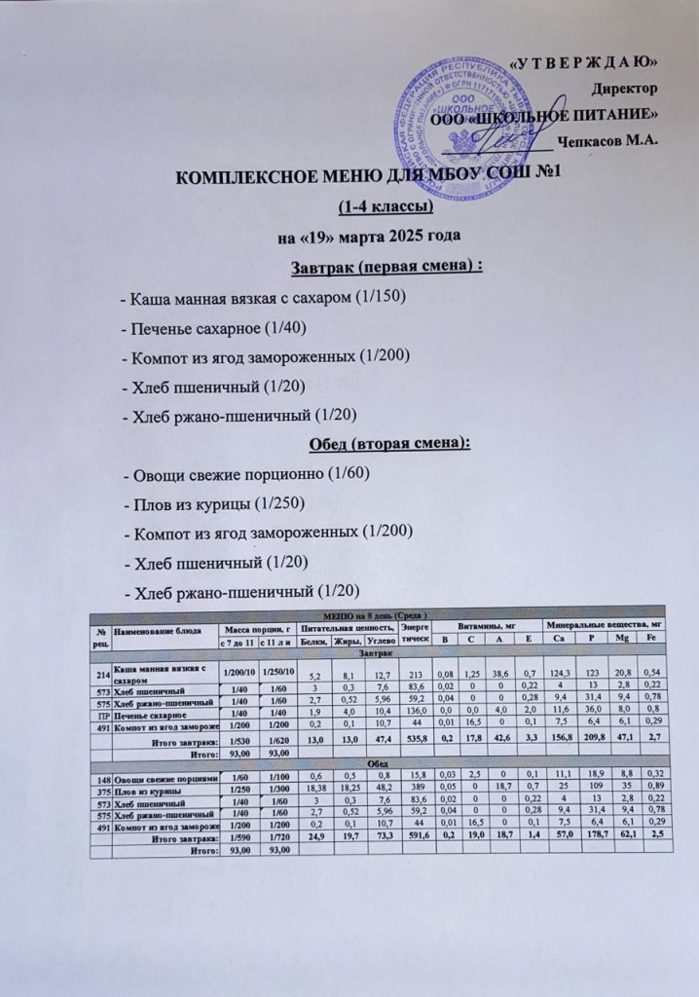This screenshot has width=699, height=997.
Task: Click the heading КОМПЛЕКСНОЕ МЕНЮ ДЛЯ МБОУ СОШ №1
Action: click(370, 177)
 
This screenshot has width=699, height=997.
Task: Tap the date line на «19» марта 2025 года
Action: click(370, 236)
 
